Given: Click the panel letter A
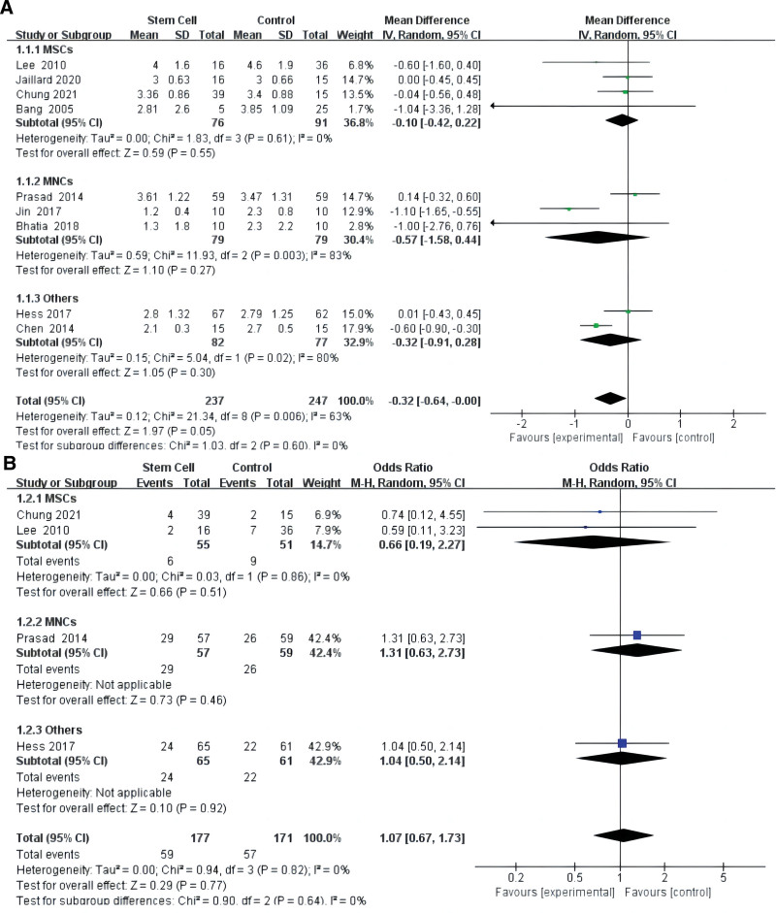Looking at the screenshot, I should point(10,9).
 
